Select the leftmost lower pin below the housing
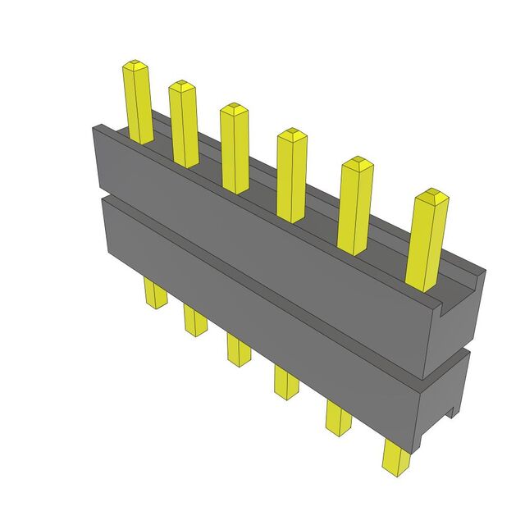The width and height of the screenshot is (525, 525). pos(152,292)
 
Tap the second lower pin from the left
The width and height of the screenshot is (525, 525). pos(194,319)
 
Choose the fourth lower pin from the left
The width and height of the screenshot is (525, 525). pos(286,381)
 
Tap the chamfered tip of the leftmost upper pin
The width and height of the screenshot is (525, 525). pos(134,64)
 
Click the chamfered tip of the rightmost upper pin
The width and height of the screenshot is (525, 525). pos(431,196)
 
